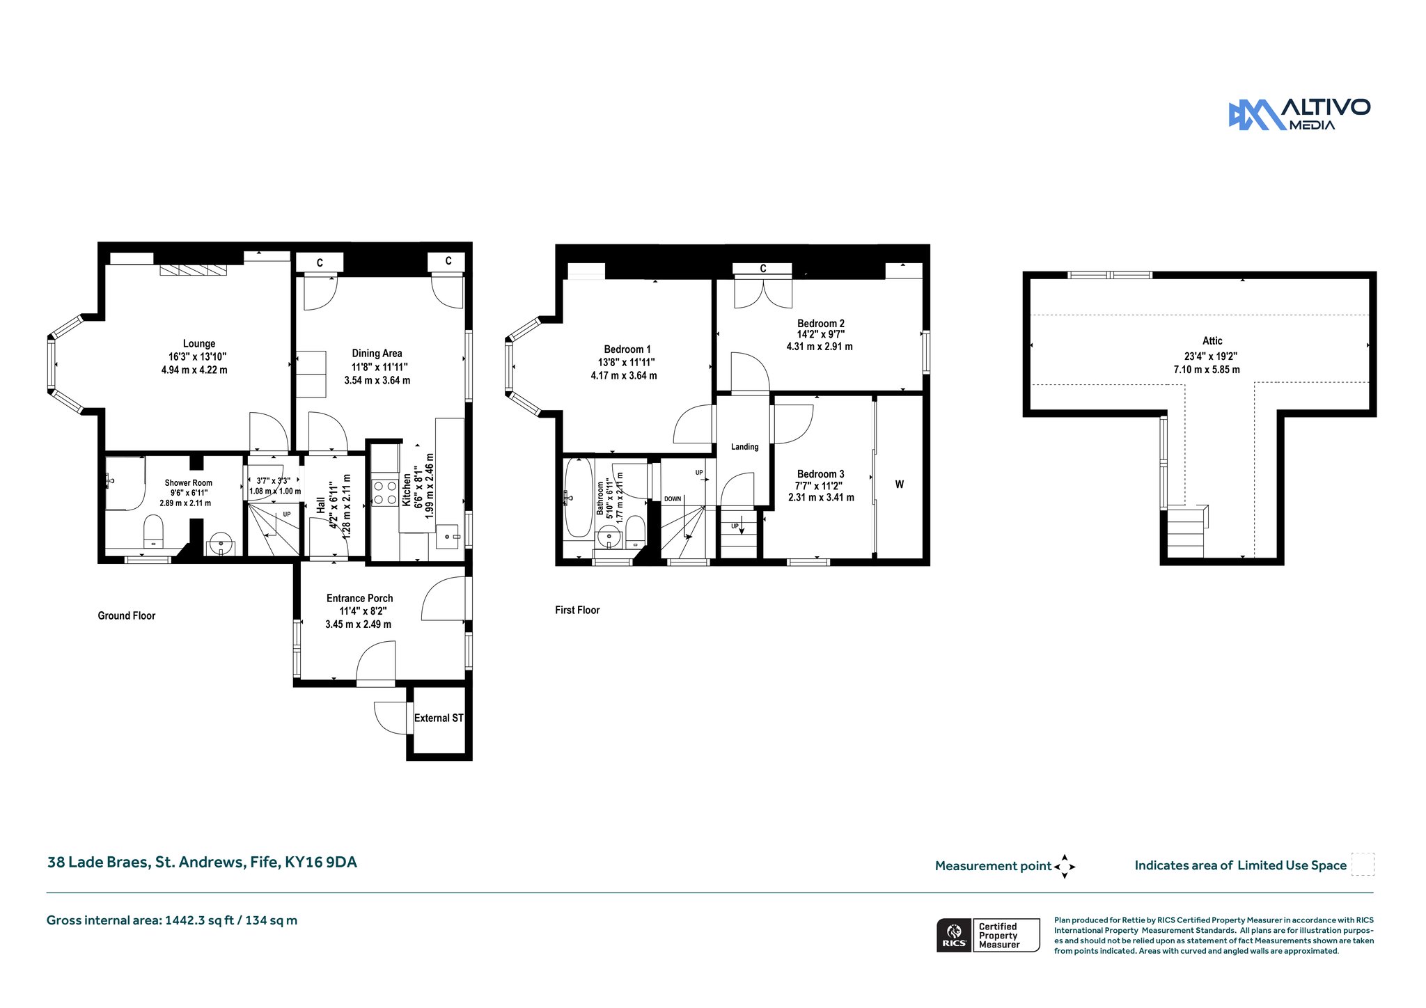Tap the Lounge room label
(199, 343)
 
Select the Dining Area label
(377, 354)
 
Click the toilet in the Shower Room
(153, 532)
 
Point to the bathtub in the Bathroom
(578, 497)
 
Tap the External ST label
(439, 718)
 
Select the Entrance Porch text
(360, 598)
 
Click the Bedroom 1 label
(627, 349)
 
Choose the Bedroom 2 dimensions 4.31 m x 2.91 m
(820, 346)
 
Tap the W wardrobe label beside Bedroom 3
(900, 485)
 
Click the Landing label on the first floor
(744, 447)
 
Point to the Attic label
(1212, 340)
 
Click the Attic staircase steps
(1185, 531)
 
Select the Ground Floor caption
(127, 615)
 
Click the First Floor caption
(577, 610)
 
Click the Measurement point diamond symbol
(1065, 867)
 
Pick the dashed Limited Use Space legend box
(1363, 864)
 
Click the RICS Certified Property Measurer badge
(988, 935)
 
